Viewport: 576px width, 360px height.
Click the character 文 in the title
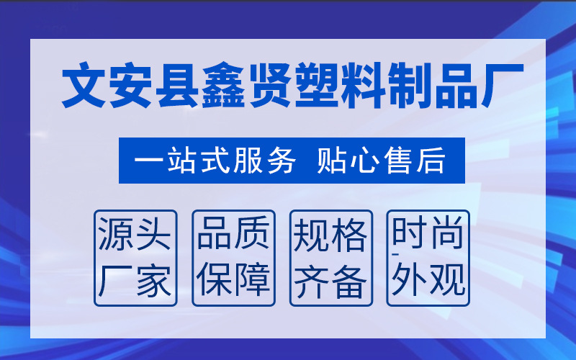click(x=86, y=88)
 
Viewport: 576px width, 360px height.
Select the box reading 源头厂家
click(x=136, y=258)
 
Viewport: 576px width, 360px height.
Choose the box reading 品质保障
click(x=233, y=258)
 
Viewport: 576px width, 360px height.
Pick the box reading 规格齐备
click(x=330, y=258)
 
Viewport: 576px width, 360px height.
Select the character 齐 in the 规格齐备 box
click(x=312, y=280)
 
